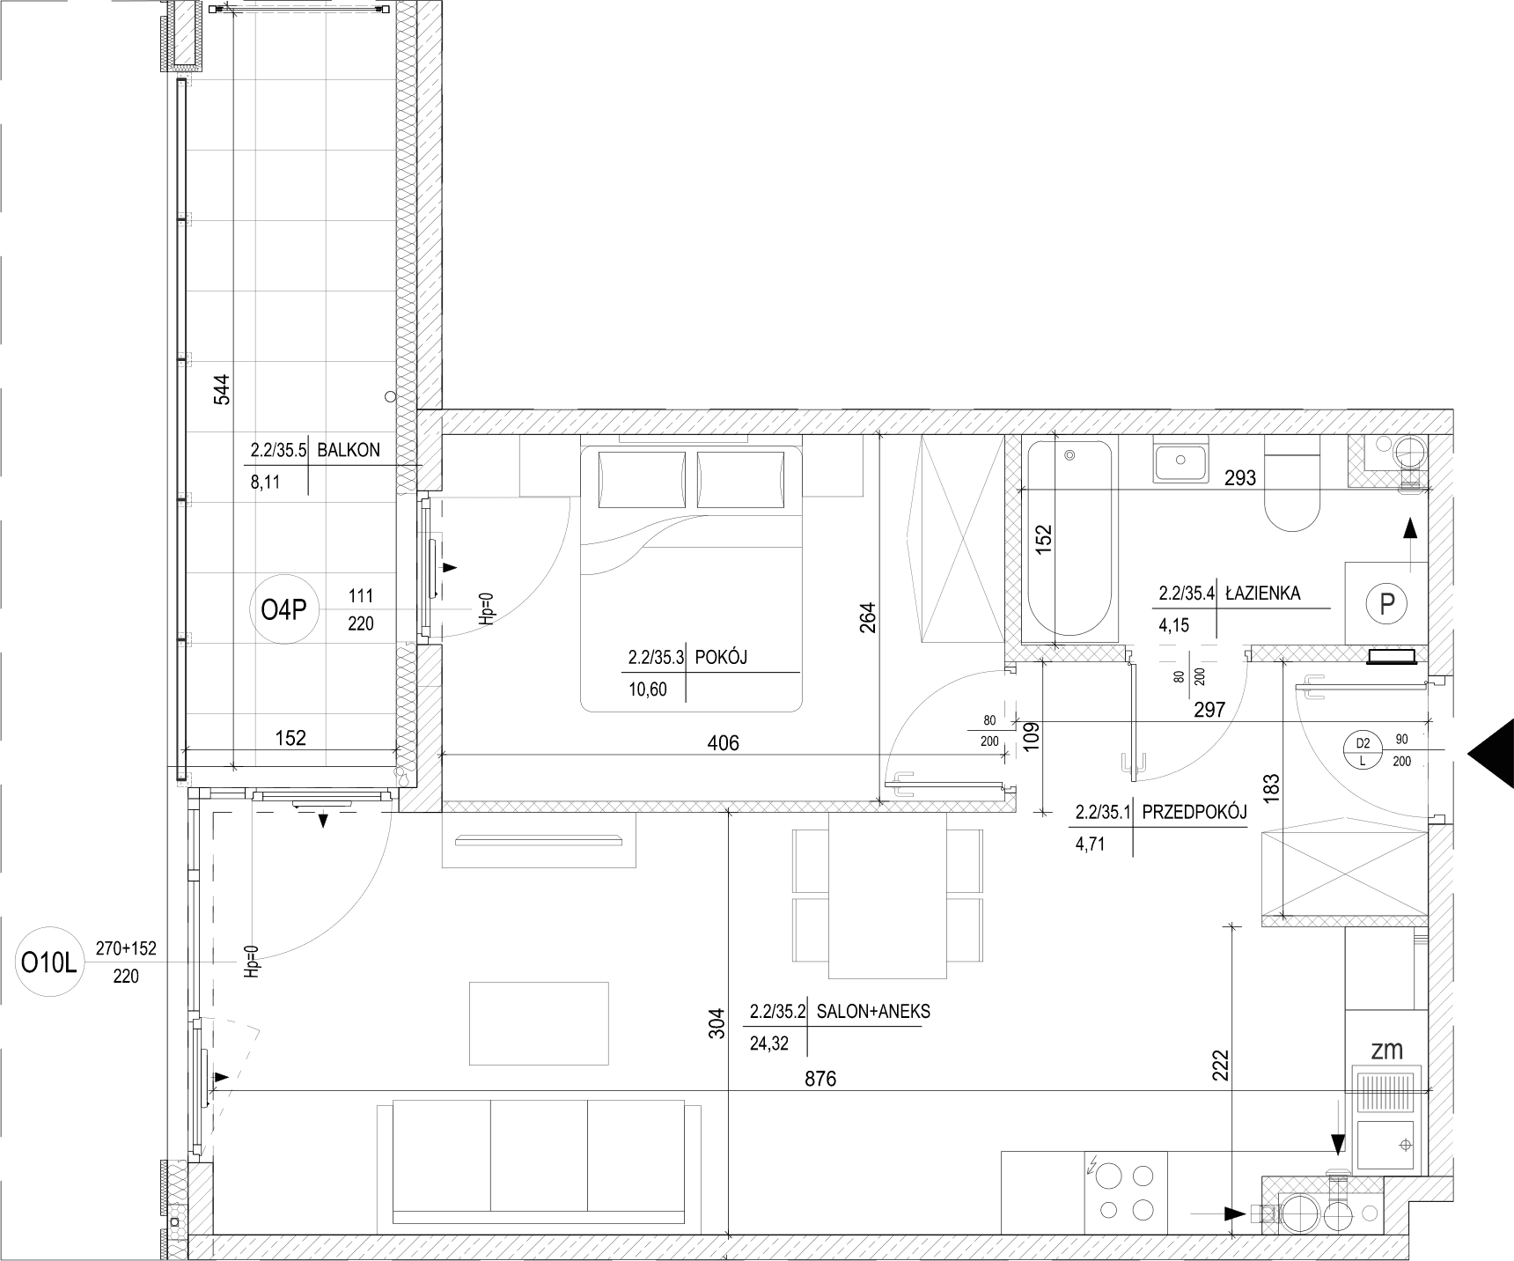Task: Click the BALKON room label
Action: pyautogui.click(x=349, y=450)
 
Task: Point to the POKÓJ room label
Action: pyautogui.click(x=722, y=657)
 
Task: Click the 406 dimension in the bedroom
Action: pyautogui.click(x=724, y=743)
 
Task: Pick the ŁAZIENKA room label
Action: pyautogui.click(x=1262, y=593)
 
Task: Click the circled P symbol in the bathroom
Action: pyautogui.click(x=1387, y=604)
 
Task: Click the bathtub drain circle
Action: pyautogui.click(x=1069, y=456)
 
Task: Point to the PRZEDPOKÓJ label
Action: pyautogui.click(x=1194, y=813)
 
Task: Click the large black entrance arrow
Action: pyautogui.click(x=1490, y=752)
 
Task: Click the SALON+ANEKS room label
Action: pyautogui.click(x=873, y=1012)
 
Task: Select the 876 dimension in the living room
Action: pyautogui.click(x=819, y=1078)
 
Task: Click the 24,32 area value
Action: pyautogui.click(x=769, y=1044)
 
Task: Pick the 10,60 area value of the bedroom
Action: pyautogui.click(x=647, y=689)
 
